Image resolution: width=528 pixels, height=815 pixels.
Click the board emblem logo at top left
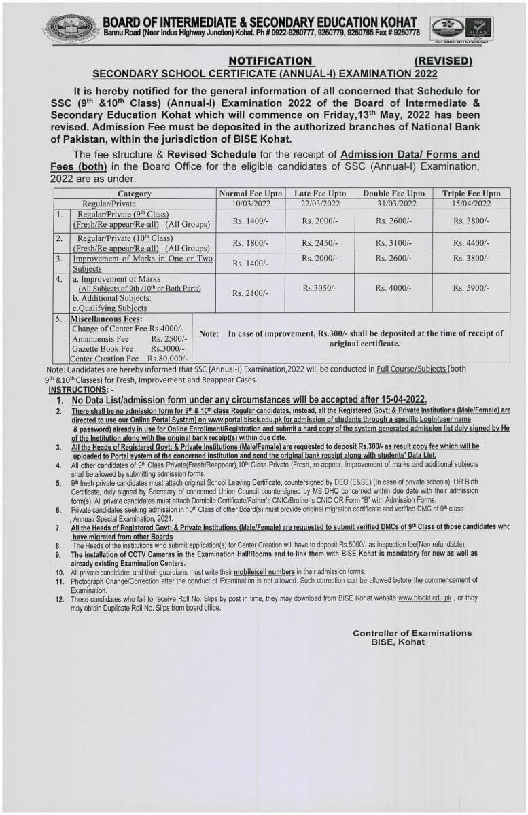(x=71, y=28)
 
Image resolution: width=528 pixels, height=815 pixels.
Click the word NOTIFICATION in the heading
(x=270, y=60)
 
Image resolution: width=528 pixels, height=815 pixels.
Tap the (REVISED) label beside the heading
(x=443, y=60)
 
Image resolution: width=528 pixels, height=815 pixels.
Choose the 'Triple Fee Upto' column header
(x=471, y=194)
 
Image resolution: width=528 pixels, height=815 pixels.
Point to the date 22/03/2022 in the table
(x=319, y=204)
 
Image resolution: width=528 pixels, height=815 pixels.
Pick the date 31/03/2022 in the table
(x=393, y=204)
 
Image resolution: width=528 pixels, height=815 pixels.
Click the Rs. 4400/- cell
(x=471, y=242)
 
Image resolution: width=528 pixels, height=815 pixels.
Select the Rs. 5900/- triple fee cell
(x=471, y=289)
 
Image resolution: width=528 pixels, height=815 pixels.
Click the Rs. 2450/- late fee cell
(x=319, y=242)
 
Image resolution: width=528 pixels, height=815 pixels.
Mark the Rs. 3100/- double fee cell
(x=393, y=242)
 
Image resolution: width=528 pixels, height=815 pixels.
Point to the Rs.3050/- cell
(x=319, y=289)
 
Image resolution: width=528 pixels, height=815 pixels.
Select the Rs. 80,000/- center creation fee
(x=170, y=358)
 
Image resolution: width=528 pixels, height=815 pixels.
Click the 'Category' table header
(x=135, y=194)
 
